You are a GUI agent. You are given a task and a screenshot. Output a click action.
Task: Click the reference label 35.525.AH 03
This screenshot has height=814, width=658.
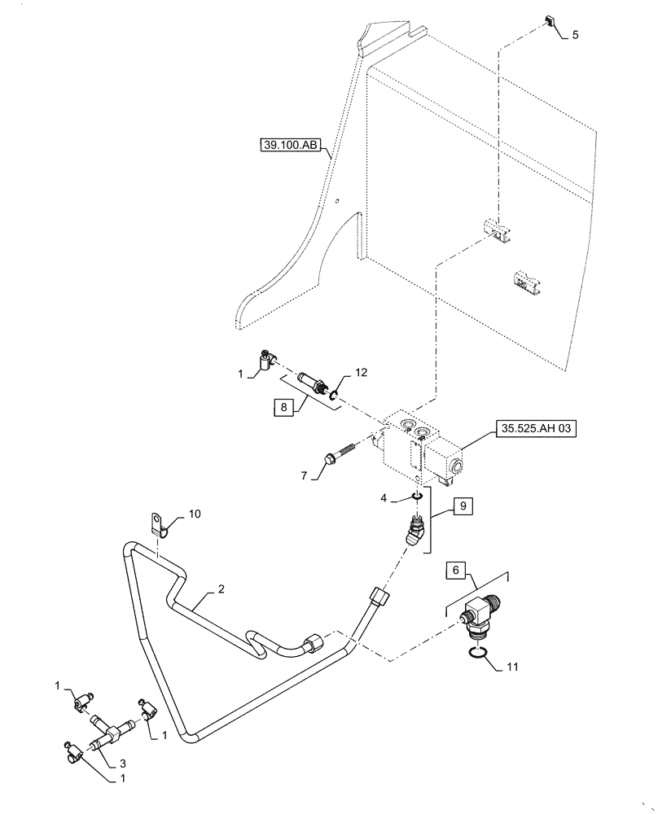[x=534, y=430]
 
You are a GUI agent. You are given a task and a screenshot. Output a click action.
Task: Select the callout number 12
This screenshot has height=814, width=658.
[x=361, y=374]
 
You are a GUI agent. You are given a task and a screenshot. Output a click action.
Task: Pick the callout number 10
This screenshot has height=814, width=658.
[x=194, y=514]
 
